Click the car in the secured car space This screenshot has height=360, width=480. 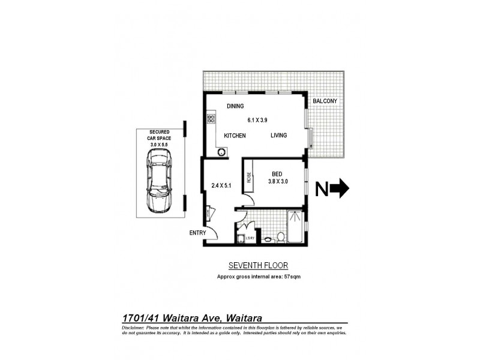(x=159, y=181)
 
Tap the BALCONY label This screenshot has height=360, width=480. (x=326, y=102)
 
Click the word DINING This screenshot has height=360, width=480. (x=235, y=106)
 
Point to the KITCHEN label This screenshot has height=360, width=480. (x=235, y=136)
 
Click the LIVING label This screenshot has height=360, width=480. (x=278, y=136)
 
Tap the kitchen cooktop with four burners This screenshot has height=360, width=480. (x=211, y=118)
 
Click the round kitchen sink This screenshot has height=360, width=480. (x=221, y=152)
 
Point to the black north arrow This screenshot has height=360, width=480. (x=340, y=189)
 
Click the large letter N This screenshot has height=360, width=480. (x=322, y=189)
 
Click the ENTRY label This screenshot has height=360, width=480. (x=197, y=233)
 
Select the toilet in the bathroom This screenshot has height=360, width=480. (x=280, y=238)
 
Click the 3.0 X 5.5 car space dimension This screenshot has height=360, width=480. (x=158, y=144)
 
